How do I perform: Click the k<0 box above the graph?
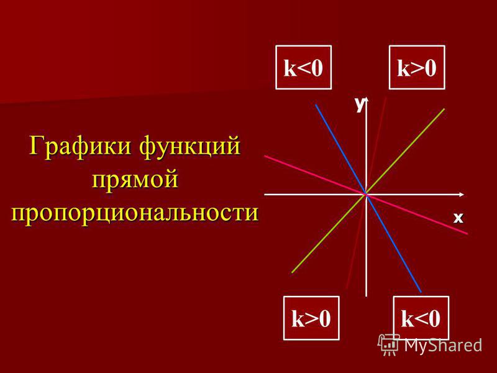point(303,67)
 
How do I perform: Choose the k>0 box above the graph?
point(417,67)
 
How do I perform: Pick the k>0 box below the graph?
point(311,318)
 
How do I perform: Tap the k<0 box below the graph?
point(421,318)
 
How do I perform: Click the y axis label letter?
point(360,104)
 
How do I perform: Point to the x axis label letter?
point(458,218)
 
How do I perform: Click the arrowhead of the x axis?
point(462,194)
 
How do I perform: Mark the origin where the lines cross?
point(366,194)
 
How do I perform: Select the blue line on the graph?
point(368,198)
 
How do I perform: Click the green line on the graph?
point(368,191)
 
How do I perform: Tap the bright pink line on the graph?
point(366,195)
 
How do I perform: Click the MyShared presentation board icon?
point(389,345)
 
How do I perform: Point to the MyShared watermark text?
point(443,345)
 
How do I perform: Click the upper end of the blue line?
point(316,105)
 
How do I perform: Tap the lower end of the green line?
point(292,272)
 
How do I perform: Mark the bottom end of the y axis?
point(366,297)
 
